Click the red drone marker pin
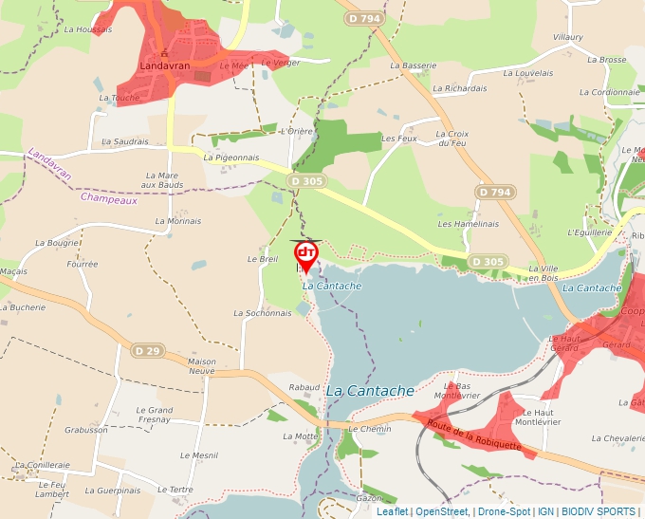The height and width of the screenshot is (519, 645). click(306, 254)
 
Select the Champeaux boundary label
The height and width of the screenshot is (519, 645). click(109, 199)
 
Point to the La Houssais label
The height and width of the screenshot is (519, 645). click(88, 29)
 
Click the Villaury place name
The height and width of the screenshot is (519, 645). click(567, 36)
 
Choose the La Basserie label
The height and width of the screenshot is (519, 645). click(414, 65)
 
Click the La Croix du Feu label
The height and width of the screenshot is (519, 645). click(452, 139)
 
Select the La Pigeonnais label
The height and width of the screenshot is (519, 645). click(231, 158)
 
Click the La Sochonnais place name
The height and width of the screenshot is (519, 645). click(263, 312)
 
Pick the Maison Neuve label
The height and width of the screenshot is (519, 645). click(202, 366)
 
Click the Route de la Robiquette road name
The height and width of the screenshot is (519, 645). click(474, 436)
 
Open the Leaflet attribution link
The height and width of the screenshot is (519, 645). click(393, 511)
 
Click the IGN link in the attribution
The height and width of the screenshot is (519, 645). click(545, 511)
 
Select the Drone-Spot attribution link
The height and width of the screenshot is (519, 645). click(504, 511)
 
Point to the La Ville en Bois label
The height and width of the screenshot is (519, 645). click(544, 273)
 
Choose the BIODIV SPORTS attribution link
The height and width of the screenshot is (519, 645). click(599, 511)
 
